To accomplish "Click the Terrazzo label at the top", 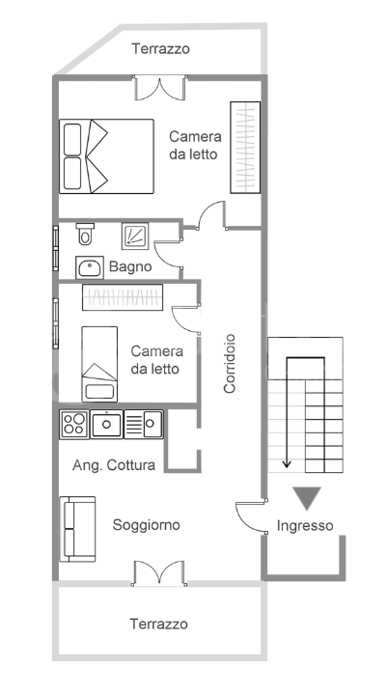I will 161,47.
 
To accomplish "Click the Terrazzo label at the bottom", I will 159,625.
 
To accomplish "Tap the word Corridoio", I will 230,364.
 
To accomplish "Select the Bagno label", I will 130,267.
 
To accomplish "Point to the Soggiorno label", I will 146,525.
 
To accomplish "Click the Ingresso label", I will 305,526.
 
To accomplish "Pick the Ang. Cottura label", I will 114,465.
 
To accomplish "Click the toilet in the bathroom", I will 85,234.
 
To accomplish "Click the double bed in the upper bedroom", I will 106,155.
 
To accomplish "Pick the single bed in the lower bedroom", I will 99,363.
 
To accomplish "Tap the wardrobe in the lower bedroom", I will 123,297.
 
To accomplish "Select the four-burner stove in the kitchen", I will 73,423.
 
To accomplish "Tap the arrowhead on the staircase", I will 287,464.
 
